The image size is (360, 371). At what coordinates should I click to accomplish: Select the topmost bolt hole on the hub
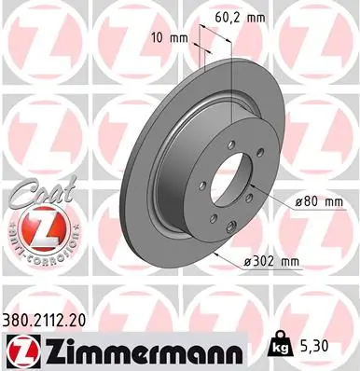(230, 144)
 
